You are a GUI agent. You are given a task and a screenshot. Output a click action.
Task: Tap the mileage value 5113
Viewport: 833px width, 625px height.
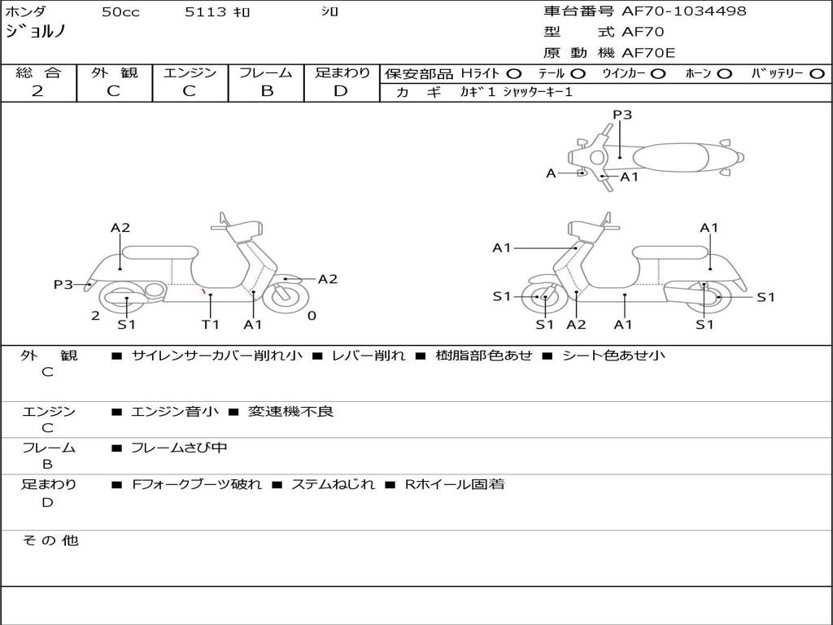coord(206,12)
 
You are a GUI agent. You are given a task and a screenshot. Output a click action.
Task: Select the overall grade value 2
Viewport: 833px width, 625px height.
coord(37,91)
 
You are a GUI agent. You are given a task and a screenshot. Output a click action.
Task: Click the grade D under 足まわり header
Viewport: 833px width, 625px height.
coord(341,91)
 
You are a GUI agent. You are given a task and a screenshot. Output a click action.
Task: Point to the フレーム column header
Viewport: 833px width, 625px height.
coord(266,72)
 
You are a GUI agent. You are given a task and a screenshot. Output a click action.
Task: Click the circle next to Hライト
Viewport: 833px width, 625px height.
coord(514,73)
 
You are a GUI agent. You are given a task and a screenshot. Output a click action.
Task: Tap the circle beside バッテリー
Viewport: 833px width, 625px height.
coord(818,73)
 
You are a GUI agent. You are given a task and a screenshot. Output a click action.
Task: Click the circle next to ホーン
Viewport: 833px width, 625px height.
coord(725,73)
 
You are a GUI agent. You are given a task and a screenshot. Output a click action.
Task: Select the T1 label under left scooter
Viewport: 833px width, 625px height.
coord(211,325)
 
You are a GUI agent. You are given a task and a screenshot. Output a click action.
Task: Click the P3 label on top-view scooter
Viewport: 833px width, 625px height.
coord(622,115)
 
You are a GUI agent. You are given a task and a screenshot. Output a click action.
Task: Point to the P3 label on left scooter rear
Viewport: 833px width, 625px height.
coord(63,285)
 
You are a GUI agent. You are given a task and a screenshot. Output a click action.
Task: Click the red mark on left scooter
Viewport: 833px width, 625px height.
coord(203,291)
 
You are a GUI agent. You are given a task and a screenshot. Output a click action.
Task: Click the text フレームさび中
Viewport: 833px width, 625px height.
coord(179,448)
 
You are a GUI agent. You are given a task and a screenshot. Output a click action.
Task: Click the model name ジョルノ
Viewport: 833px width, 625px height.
coord(36,33)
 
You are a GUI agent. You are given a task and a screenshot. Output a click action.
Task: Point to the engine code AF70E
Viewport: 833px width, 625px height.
coord(648,53)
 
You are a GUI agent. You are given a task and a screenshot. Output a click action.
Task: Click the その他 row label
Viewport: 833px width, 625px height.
coord(50,540)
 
